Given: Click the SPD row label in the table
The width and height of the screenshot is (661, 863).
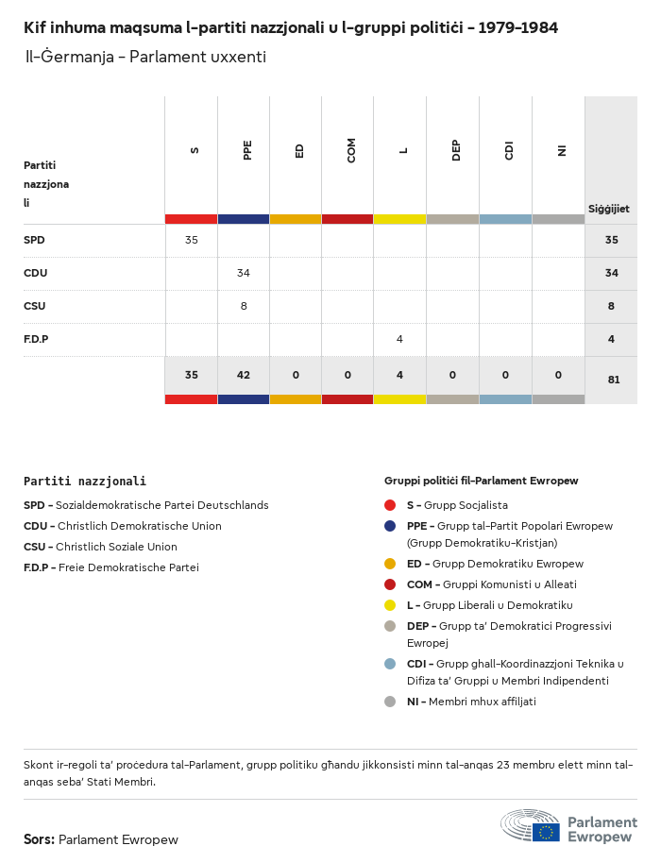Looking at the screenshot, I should [x=34, y=240].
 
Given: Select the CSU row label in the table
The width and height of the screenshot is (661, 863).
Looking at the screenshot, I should [x=34, y=306].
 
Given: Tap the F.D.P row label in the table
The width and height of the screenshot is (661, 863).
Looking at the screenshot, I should [x=36, y=339].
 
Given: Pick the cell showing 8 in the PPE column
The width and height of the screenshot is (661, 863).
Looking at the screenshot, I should [x=244, y=306].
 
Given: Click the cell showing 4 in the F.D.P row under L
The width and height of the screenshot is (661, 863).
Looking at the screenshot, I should [x=399, y=339].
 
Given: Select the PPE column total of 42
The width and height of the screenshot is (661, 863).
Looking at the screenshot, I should [x=244, y=375].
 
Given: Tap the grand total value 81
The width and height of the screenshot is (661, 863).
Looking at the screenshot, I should [x=611, y=380].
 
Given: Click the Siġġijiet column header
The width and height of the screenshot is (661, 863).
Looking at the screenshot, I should [x=609, y=209].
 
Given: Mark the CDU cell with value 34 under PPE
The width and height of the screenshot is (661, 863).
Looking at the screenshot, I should [x=244, y=273].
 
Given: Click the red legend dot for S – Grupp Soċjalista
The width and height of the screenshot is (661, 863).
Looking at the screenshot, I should [x=390, y=505].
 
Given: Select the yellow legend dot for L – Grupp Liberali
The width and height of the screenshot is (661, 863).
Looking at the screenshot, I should [x=390, y=605].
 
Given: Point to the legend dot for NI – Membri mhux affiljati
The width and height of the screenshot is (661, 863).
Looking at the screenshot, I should [x=390, y=702].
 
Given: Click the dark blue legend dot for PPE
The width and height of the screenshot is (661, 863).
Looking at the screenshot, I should [x=390, y=526].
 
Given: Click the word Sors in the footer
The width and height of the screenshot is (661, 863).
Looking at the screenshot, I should [x=38, y=839].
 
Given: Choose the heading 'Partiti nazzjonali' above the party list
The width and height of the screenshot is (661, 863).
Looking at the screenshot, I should [x=85, y=482].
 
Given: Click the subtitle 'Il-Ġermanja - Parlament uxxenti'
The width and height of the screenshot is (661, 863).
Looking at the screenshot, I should [x=145, y=57].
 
